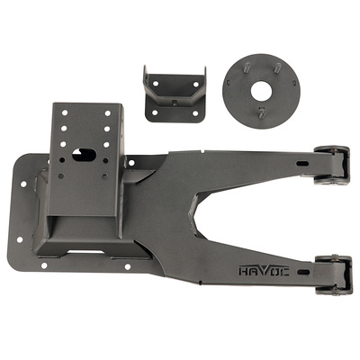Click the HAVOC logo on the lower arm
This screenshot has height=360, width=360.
click(264, 271)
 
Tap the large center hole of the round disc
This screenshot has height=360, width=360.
click(261, 91)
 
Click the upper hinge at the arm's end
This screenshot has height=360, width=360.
click(331, 165)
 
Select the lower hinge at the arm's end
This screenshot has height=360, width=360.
click(333, 274)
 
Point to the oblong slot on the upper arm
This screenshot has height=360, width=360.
click(302, 163)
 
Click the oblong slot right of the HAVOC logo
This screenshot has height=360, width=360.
click(303, 272)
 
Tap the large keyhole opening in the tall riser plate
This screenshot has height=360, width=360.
click(84, 155)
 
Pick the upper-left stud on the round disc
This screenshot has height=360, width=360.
click(246, 67)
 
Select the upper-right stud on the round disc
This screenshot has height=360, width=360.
click(278, 67)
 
